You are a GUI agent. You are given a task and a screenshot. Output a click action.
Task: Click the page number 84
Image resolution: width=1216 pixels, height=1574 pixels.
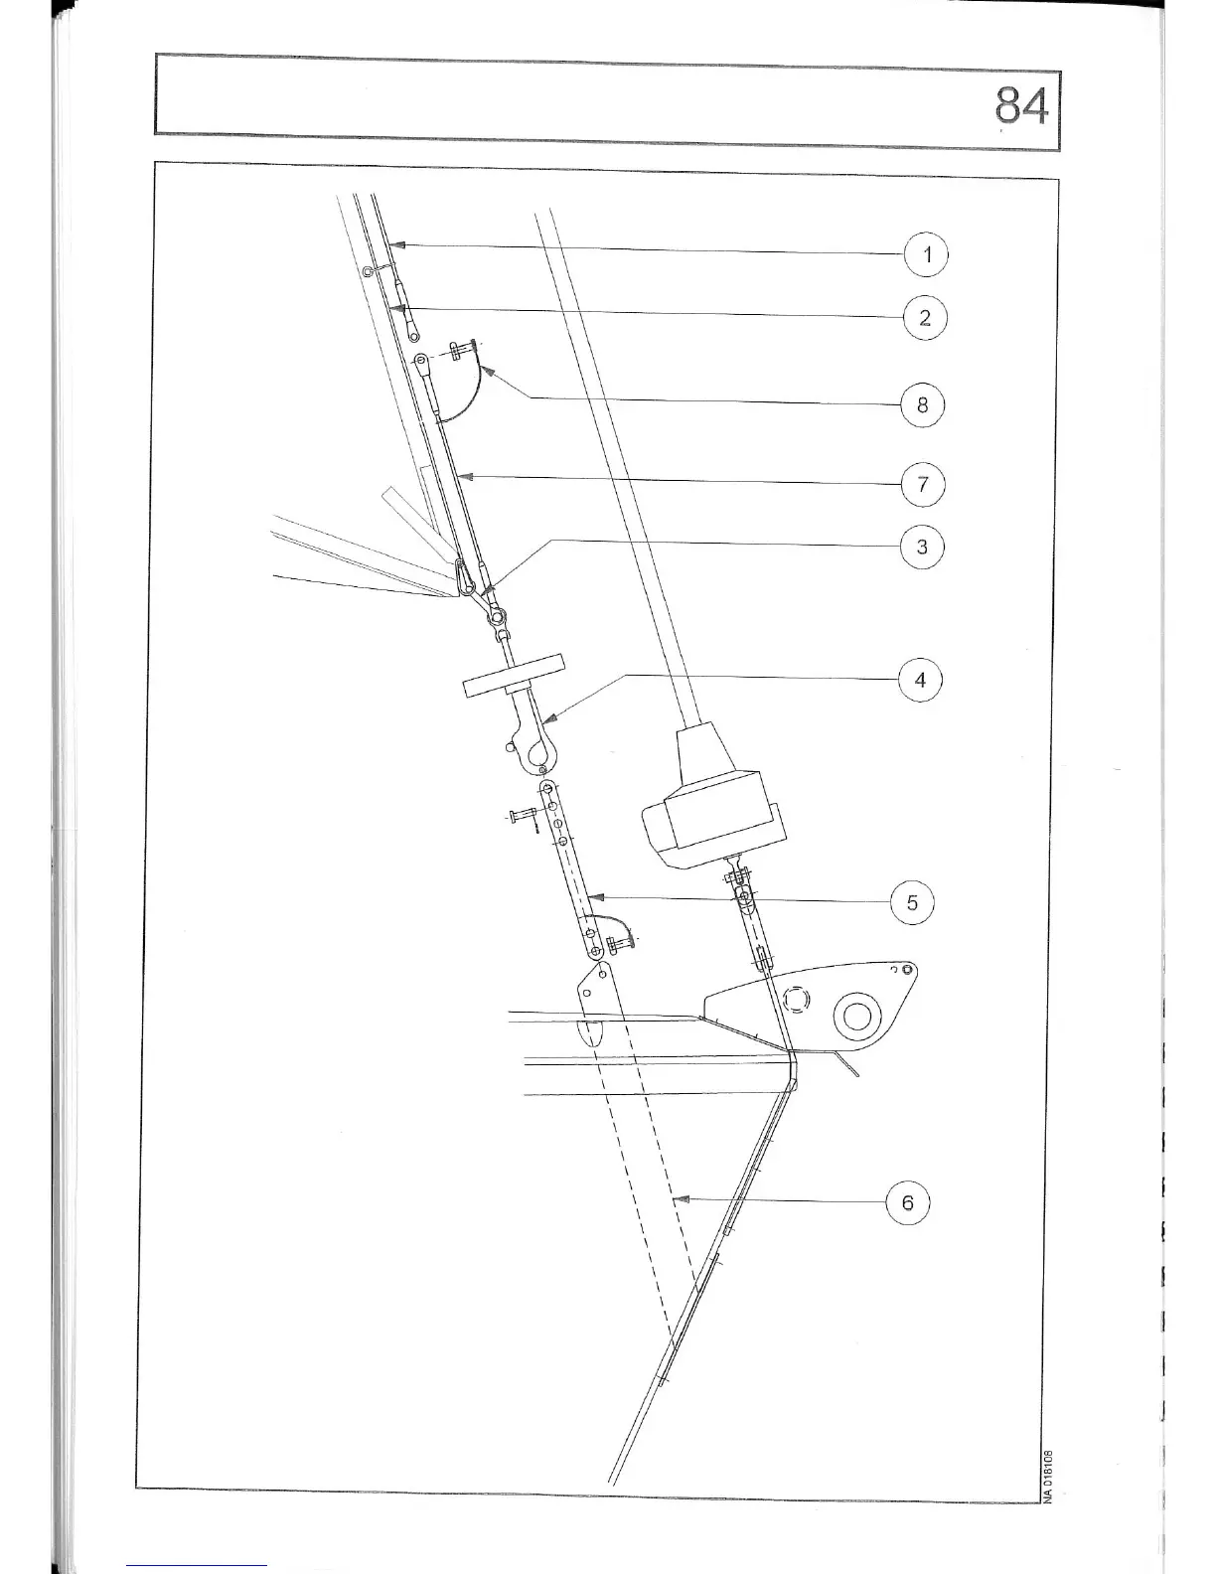(x=1020, y=107)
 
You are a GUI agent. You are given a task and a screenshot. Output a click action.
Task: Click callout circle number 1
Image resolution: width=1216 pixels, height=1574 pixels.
(x=927, y=255)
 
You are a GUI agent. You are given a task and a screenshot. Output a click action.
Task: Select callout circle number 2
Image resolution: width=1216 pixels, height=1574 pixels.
(x=925, y=318)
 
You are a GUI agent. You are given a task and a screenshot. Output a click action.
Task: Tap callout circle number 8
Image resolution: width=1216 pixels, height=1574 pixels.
(x=923, y=404)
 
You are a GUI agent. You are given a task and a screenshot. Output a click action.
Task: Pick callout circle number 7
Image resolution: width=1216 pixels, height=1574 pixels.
(x=923, y=485)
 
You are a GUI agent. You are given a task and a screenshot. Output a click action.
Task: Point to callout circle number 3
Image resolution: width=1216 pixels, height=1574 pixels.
(x=922, y=547)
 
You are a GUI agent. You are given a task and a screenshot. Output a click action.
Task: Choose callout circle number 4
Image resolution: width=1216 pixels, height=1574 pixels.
(x=920, y=680)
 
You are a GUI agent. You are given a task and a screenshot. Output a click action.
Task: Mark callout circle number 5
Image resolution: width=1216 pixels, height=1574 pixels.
(x=912, y=903)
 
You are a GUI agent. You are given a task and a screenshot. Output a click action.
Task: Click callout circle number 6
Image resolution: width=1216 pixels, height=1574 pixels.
(x=907, y=1202)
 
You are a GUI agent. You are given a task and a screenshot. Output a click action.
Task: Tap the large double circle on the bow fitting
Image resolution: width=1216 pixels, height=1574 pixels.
(x=857, y=1016)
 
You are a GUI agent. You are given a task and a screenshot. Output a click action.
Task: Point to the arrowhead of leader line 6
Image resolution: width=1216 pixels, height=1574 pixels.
(x=679, y=1199)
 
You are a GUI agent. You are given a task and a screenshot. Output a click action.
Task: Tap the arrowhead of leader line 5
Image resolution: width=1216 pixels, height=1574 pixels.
(x=590, y=896)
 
